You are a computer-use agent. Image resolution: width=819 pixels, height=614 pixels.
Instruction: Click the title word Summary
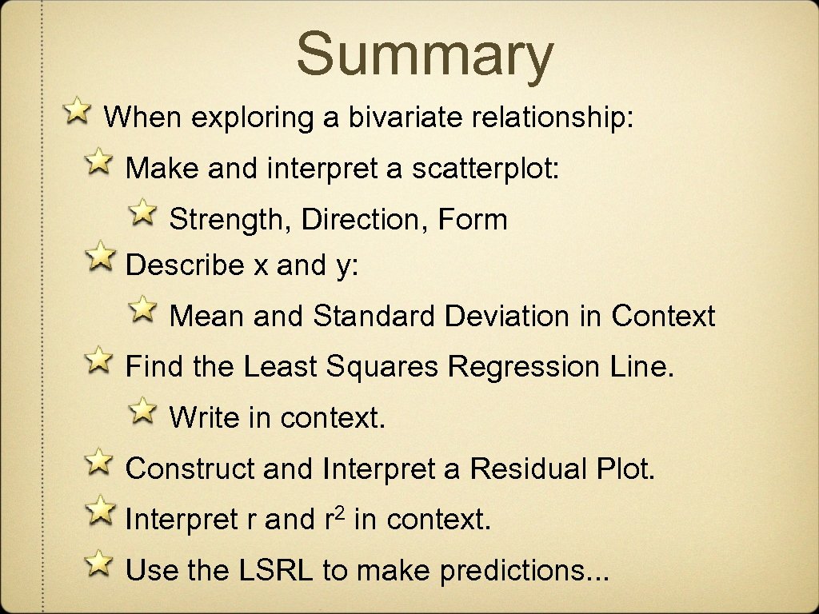click(425, 54)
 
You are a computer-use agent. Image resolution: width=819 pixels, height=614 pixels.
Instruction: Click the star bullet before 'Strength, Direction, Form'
click(143, 212)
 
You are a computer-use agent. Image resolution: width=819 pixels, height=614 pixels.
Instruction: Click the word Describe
click(185, 265)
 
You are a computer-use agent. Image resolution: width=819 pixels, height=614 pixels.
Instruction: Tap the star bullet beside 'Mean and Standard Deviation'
click(143, 309)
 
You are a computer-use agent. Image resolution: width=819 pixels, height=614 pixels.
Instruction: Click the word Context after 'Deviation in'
click(663, 316)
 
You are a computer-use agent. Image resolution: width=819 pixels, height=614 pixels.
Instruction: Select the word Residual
click(529, 468)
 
